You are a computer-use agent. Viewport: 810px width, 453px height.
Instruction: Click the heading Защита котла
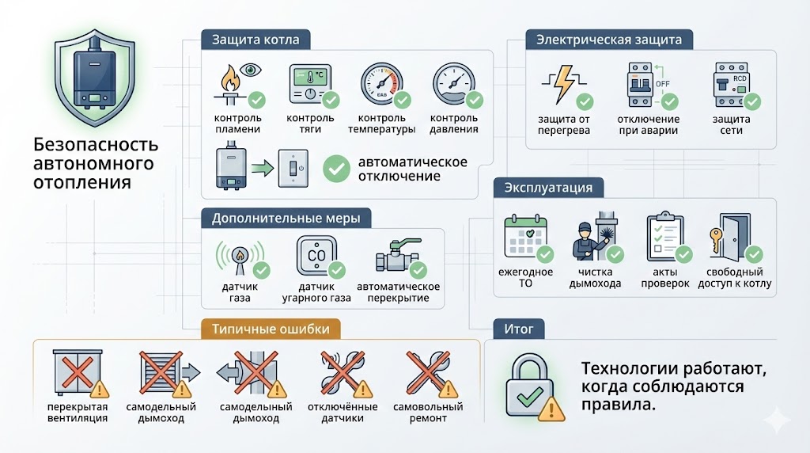tap(255, 40)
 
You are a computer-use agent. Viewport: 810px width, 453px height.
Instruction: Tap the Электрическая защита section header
tap(609, 40)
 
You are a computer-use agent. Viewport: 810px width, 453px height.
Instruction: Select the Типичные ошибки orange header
tap(271, 328)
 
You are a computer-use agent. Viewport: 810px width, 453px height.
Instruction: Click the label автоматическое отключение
tap(412, 169)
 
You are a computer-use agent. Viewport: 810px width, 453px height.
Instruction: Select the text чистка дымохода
tap(595, 278)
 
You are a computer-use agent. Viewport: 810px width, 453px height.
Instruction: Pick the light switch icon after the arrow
tap(293, 169)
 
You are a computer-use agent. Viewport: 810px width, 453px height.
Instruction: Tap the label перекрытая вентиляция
tap(78, 413)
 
